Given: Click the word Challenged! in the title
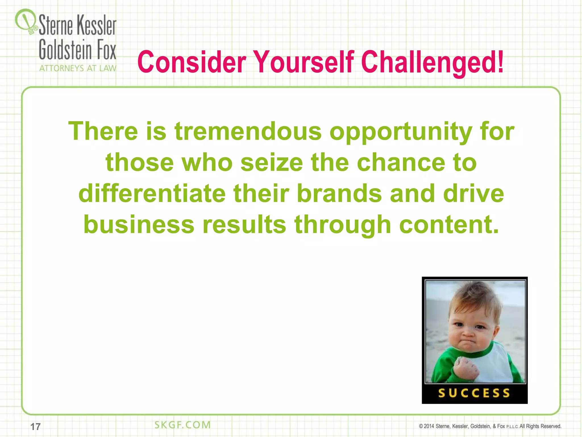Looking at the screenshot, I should point(432,62).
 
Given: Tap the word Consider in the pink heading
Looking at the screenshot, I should point(192,62).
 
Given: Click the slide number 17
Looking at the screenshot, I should point(36,426).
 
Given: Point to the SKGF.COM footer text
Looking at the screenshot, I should point(182,425).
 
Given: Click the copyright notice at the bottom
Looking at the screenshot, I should point(490,426).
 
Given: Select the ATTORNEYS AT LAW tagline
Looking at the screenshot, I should point(78,68).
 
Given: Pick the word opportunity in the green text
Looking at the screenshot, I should point(401,132).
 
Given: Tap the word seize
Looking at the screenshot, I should point(272,162).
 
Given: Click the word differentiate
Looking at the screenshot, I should point(152,193).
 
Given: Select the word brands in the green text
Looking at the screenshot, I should point(339,193).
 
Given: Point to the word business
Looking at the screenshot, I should point(139,224).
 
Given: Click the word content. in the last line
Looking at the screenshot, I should point(449,224).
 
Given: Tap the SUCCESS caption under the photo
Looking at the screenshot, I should point(474,393).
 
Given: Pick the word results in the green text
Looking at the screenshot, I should point(244,224).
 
